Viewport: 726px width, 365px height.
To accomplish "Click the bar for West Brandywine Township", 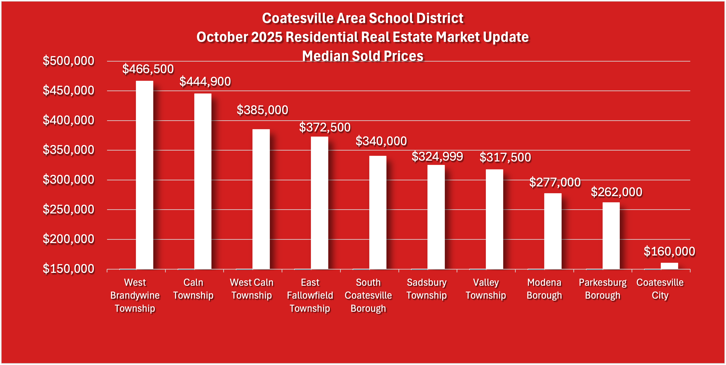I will coord(144,175).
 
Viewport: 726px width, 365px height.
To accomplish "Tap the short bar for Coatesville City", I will coord(669,266).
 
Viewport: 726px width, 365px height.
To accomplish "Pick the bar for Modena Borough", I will coord(553,231).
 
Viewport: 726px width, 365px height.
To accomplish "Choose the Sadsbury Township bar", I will coord(436,217).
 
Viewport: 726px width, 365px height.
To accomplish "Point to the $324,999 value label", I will coord(437,157).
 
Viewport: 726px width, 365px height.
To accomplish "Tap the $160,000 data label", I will coord(669,252).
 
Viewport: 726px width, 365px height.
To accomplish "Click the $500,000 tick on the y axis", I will coord(69,61).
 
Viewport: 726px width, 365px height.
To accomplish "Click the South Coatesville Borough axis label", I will coord(368,295).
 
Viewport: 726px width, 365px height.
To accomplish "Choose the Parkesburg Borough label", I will coord(602,289).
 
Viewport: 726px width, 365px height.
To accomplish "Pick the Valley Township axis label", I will coord(486,289).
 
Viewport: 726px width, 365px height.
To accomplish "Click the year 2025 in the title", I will coord(266,37).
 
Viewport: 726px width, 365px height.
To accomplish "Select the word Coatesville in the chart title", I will coord(298,18).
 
